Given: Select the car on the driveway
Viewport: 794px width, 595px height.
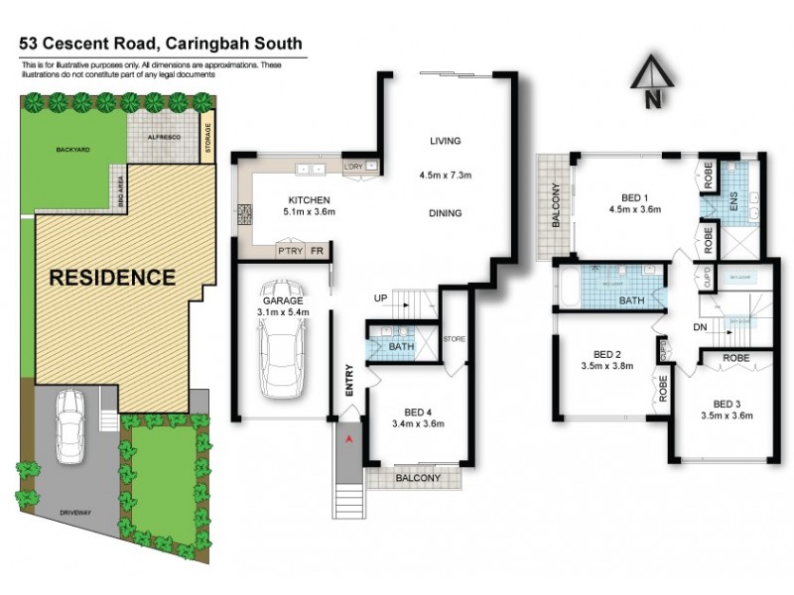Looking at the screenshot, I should (x=69, y=425).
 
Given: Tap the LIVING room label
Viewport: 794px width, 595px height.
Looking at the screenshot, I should (x=447, y=141).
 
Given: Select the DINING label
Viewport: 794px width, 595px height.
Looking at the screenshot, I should (x=447, y=213).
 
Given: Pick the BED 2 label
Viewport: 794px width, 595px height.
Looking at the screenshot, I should (x=606, y=354).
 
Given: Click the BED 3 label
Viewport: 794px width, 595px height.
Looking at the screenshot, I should (x=728, y=403).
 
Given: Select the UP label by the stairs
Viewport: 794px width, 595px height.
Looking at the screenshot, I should (x=380, y=297).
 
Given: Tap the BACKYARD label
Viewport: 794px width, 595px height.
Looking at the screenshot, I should (x=72, y=149).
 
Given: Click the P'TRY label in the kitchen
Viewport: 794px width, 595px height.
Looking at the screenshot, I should (x=289, y=252).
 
